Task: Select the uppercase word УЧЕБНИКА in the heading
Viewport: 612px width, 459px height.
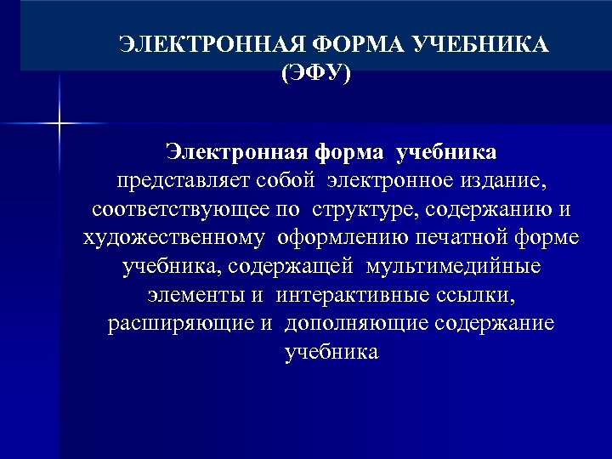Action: (479, 44)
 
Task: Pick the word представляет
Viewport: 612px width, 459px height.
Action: (176, 181)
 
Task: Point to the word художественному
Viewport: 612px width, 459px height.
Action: (174, 238)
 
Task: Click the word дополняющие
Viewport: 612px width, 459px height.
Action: (357, 324)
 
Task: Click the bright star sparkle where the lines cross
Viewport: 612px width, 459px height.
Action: (59, 124)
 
